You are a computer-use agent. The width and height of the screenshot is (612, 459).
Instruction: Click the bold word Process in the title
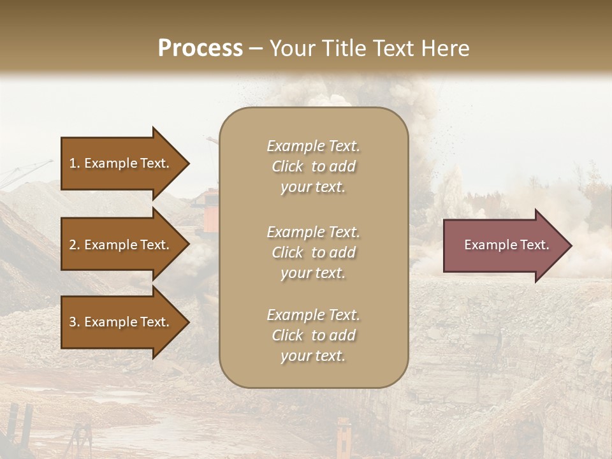[x=200, y=48]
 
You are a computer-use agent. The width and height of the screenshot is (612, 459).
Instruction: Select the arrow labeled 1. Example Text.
[x=121, y=163]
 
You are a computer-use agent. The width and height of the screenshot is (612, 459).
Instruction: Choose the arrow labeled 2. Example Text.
[x=121, y=245]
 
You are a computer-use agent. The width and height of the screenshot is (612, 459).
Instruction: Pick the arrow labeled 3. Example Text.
[x=121, y=322]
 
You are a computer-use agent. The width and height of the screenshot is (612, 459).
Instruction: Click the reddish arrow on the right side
[x=504, y=245]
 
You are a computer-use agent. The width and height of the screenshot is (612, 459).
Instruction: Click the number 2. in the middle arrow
[x=75, y=245]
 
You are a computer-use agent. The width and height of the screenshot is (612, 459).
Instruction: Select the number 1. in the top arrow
[x=75, y=163]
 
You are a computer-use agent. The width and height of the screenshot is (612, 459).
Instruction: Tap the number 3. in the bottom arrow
[x=75, y=322]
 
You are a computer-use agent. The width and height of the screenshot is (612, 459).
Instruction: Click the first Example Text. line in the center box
[x=313, y=146]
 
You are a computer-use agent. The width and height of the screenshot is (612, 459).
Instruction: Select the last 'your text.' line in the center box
[x=313, y=356]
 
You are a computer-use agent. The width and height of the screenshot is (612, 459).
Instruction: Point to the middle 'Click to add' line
[x=313, y=252]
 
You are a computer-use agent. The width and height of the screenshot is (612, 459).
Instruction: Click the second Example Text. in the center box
[x=313, y=231]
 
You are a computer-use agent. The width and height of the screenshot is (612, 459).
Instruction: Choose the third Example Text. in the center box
[x=313, y=315]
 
